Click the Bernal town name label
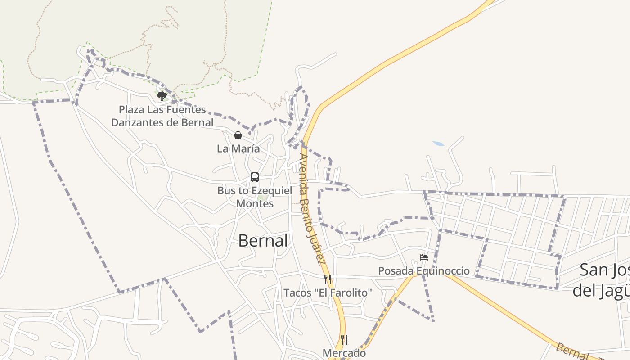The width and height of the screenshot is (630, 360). pos(263,241)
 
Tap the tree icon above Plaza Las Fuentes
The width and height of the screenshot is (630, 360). pos(162,95)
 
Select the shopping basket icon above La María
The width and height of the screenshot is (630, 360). pos(238,135)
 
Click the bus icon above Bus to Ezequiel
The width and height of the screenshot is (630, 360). pos(255,177)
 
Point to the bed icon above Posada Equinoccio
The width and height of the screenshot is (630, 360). pos(423,257)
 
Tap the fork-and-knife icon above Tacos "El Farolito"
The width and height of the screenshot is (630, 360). pos(328,279)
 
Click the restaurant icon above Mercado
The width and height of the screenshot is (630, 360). pos(344,339)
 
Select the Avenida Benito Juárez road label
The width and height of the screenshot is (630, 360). pos(312,209)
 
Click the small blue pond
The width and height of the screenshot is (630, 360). pos(438,144)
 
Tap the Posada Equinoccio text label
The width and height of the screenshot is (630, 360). pos(423,271)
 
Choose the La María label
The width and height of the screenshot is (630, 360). pos(238,149)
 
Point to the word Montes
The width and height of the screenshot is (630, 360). pos(255,204)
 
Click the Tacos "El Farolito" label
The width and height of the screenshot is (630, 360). pos(328,293)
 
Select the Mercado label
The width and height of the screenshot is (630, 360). pos(344,353)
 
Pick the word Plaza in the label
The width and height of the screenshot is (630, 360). pos(130,110)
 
